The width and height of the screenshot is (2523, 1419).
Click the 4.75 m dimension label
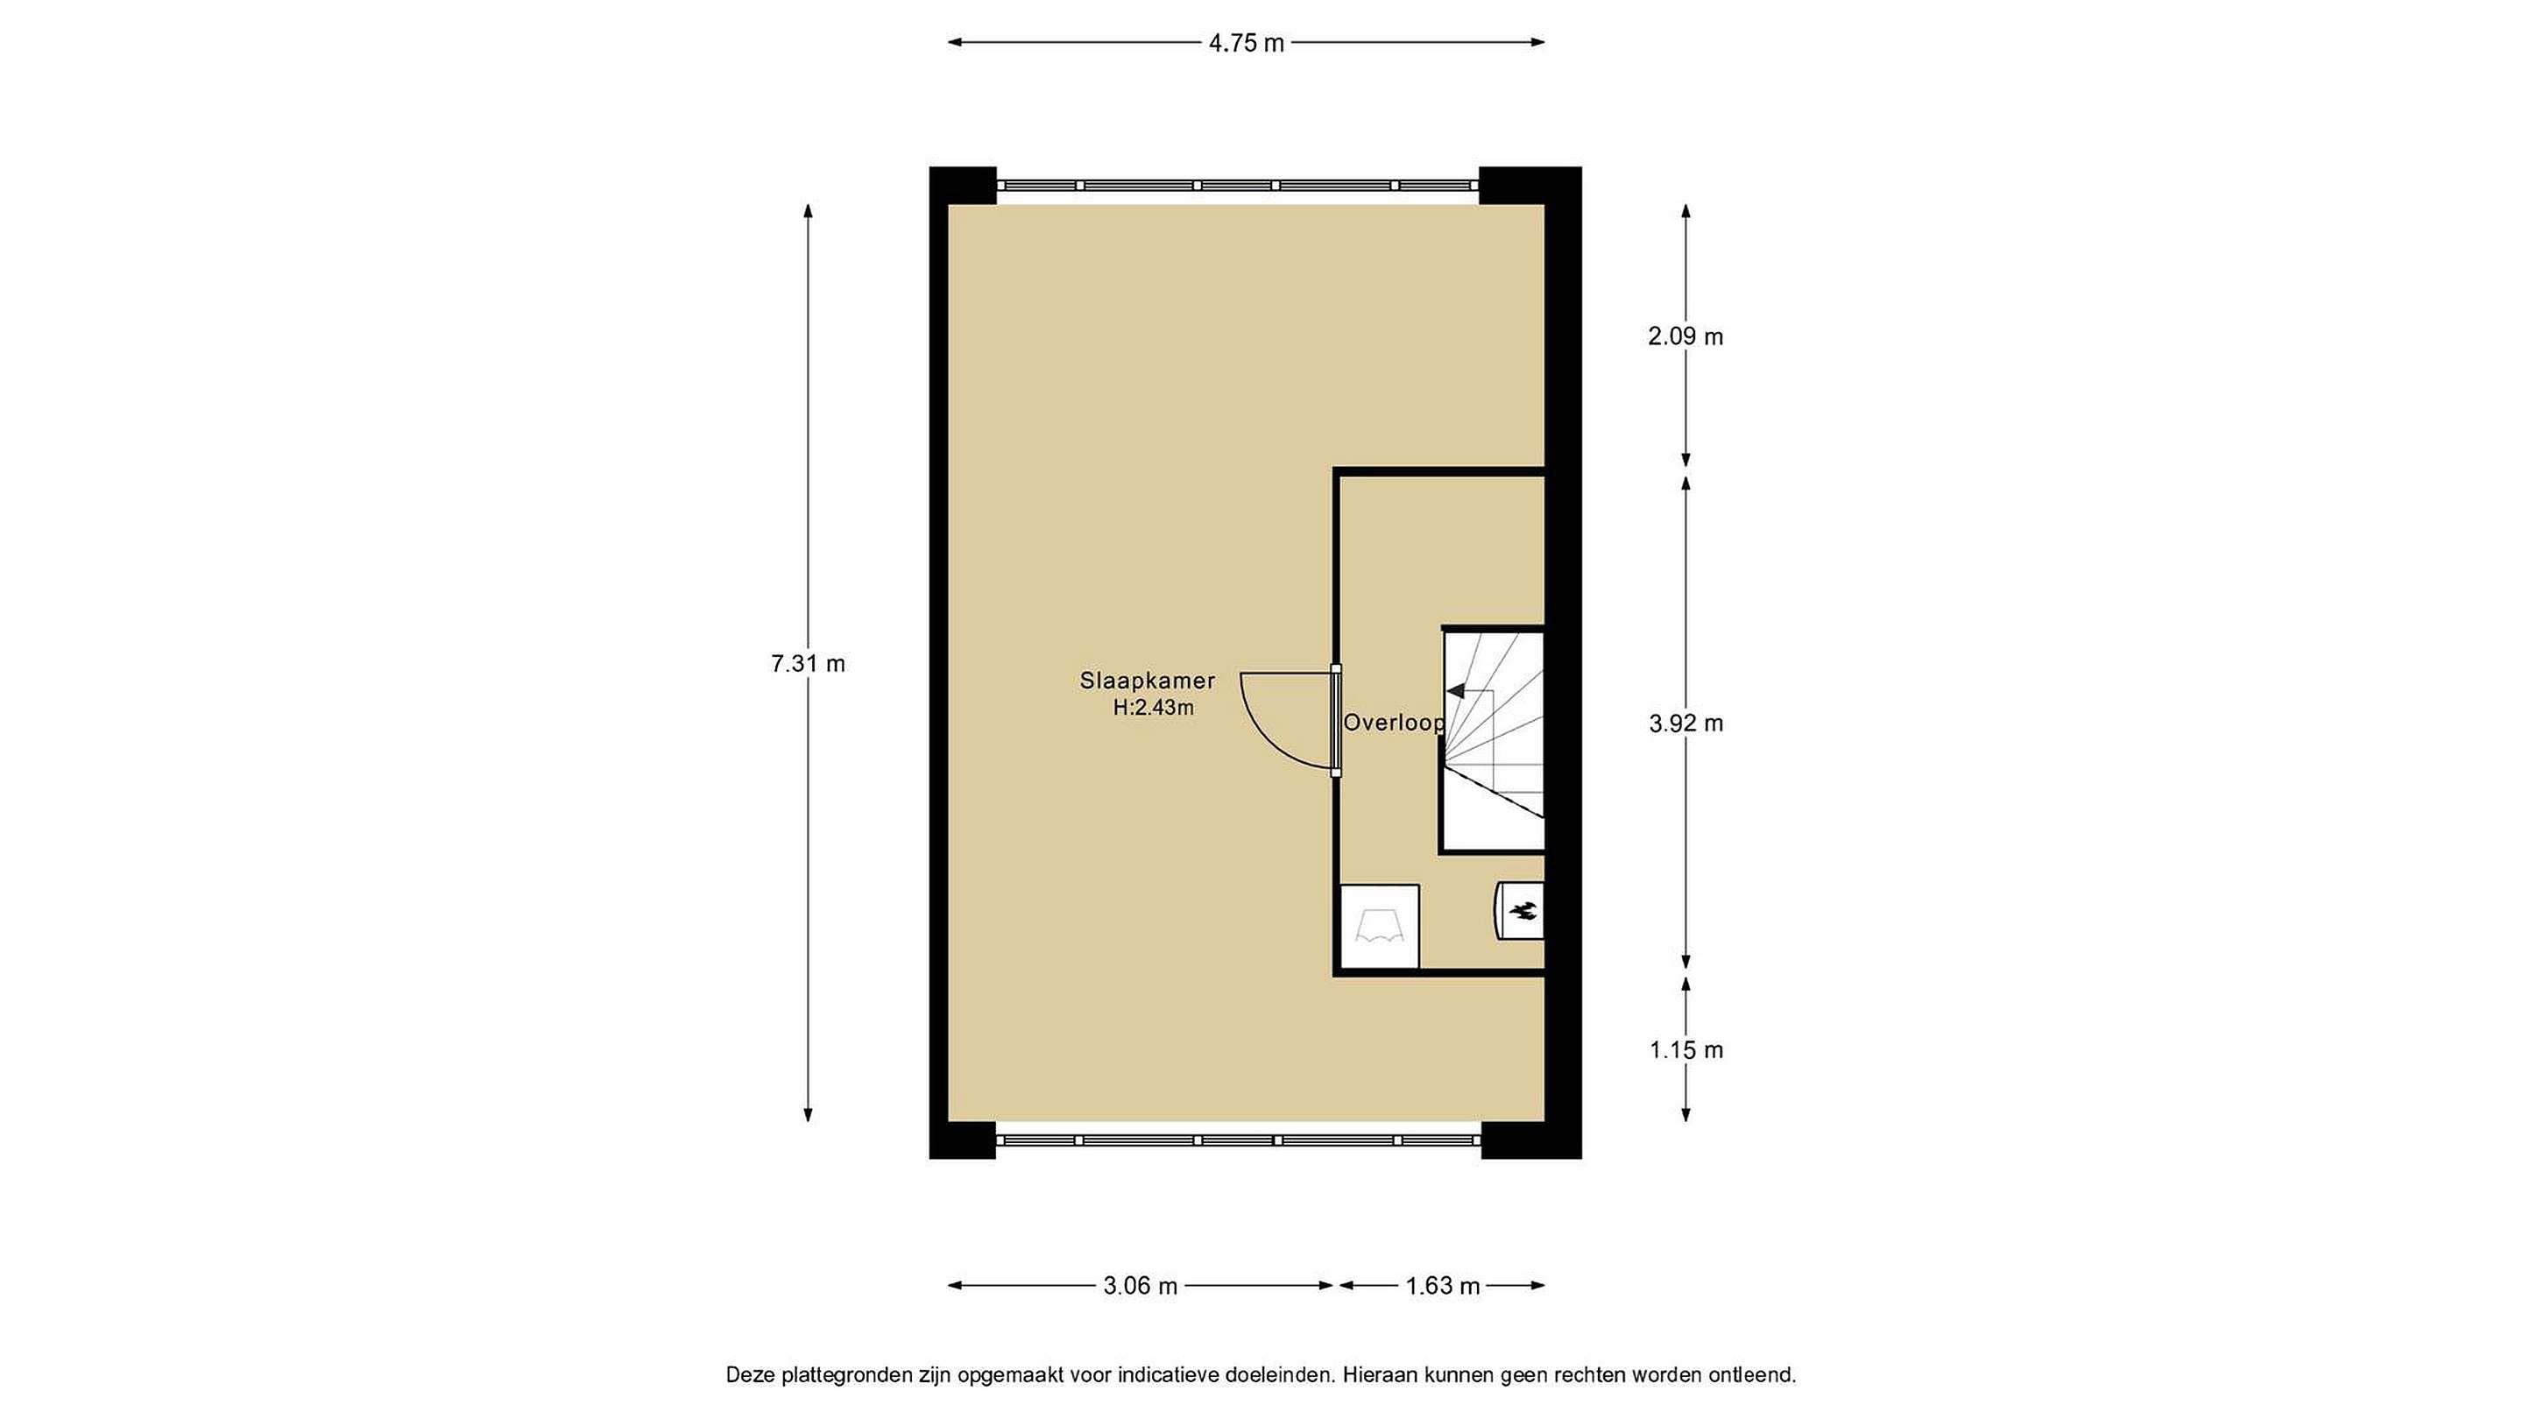[x=1246, y=43]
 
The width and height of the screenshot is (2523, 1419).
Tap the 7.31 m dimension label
[x=808, y=664]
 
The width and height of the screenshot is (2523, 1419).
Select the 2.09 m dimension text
[x=1686, y=337]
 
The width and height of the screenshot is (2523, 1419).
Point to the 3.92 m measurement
[x=1686, y=724]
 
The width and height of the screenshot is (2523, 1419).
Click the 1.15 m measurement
[x=1686, y=1051]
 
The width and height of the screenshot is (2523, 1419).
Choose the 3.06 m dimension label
[x=1140, y=1287]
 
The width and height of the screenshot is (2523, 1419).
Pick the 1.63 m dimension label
[x=1443, y=1287]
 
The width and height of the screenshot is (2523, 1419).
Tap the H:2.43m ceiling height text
[x=1153, y=708]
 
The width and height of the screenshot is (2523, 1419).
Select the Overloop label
[x=1394, y=724]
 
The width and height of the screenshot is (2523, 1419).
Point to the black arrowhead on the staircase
[x=1456, y=690]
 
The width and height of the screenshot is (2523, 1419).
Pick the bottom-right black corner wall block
[x=1530, y=1140]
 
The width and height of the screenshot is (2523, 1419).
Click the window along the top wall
[x=1237, y=185]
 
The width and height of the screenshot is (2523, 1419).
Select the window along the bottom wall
[x=1238, y=1140]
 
